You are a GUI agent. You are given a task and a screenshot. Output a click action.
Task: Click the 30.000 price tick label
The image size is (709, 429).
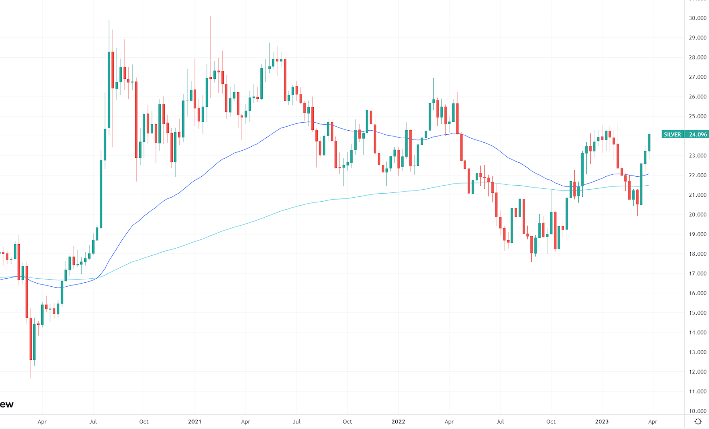697,18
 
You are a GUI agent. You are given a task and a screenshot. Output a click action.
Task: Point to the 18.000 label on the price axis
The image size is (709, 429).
697,254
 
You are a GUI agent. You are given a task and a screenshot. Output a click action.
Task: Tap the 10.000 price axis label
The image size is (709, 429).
697,411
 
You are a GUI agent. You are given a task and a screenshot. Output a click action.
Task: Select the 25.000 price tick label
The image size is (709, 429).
697,117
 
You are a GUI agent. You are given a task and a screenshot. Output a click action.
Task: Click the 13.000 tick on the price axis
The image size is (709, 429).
697,352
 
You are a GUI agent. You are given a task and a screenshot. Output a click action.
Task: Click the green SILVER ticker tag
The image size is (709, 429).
672,134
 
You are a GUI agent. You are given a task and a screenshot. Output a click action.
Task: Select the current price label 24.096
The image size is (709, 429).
697,134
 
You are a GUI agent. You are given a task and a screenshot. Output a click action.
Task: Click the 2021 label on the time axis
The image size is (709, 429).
195,421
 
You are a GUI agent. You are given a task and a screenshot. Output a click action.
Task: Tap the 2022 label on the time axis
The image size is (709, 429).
398,421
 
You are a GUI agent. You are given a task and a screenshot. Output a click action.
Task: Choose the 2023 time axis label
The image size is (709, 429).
601,421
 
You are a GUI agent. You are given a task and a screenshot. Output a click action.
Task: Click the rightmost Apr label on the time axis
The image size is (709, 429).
652,421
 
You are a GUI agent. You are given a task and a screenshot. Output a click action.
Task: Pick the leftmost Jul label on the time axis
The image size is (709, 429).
93,421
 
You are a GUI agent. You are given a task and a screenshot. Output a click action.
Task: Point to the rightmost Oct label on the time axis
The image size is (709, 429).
551,421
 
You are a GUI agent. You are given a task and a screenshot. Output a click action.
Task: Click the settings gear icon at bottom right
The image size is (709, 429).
698,421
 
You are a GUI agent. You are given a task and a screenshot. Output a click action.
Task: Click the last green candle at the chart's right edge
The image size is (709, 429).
649,142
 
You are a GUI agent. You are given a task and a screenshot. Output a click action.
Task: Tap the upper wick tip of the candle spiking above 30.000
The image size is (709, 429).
210,16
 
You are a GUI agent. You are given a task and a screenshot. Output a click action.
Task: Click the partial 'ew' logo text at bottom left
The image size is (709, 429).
7,404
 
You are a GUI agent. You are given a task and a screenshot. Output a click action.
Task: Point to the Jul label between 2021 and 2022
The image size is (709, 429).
296,421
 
